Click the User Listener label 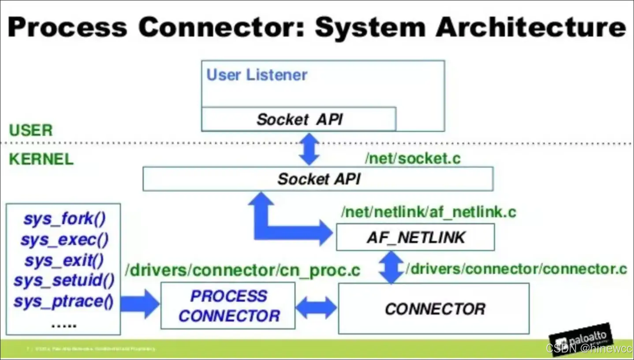257,75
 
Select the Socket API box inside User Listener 299,119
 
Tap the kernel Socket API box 318,179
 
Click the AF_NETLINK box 415,237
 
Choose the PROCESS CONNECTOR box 228,306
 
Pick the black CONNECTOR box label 434,309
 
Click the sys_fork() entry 64,219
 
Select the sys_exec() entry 64,240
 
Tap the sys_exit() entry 64,260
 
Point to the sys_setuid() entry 64,281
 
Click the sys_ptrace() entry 64,302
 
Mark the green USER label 31,130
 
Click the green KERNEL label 41,159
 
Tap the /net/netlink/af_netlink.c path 428,212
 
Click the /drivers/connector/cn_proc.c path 242,270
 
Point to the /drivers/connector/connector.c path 516,269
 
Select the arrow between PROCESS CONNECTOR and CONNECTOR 316,307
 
